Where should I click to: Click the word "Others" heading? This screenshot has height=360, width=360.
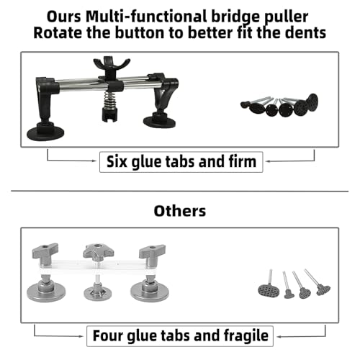pos(180,211)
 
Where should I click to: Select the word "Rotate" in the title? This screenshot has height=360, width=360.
pos(58,33)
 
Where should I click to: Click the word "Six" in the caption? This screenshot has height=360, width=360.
pos(117,161)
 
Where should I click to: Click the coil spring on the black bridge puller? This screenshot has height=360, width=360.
pos(109,100)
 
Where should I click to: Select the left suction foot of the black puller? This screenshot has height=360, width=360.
pos(45,131)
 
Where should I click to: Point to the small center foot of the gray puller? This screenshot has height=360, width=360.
pos(98,291)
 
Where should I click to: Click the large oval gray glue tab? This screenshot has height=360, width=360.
pos(269,291)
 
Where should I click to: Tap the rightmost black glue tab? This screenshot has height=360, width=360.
pos(312,102)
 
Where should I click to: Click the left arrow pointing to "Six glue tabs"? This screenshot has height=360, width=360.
pos(71,161)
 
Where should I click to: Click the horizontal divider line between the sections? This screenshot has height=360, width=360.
pos(180,192)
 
